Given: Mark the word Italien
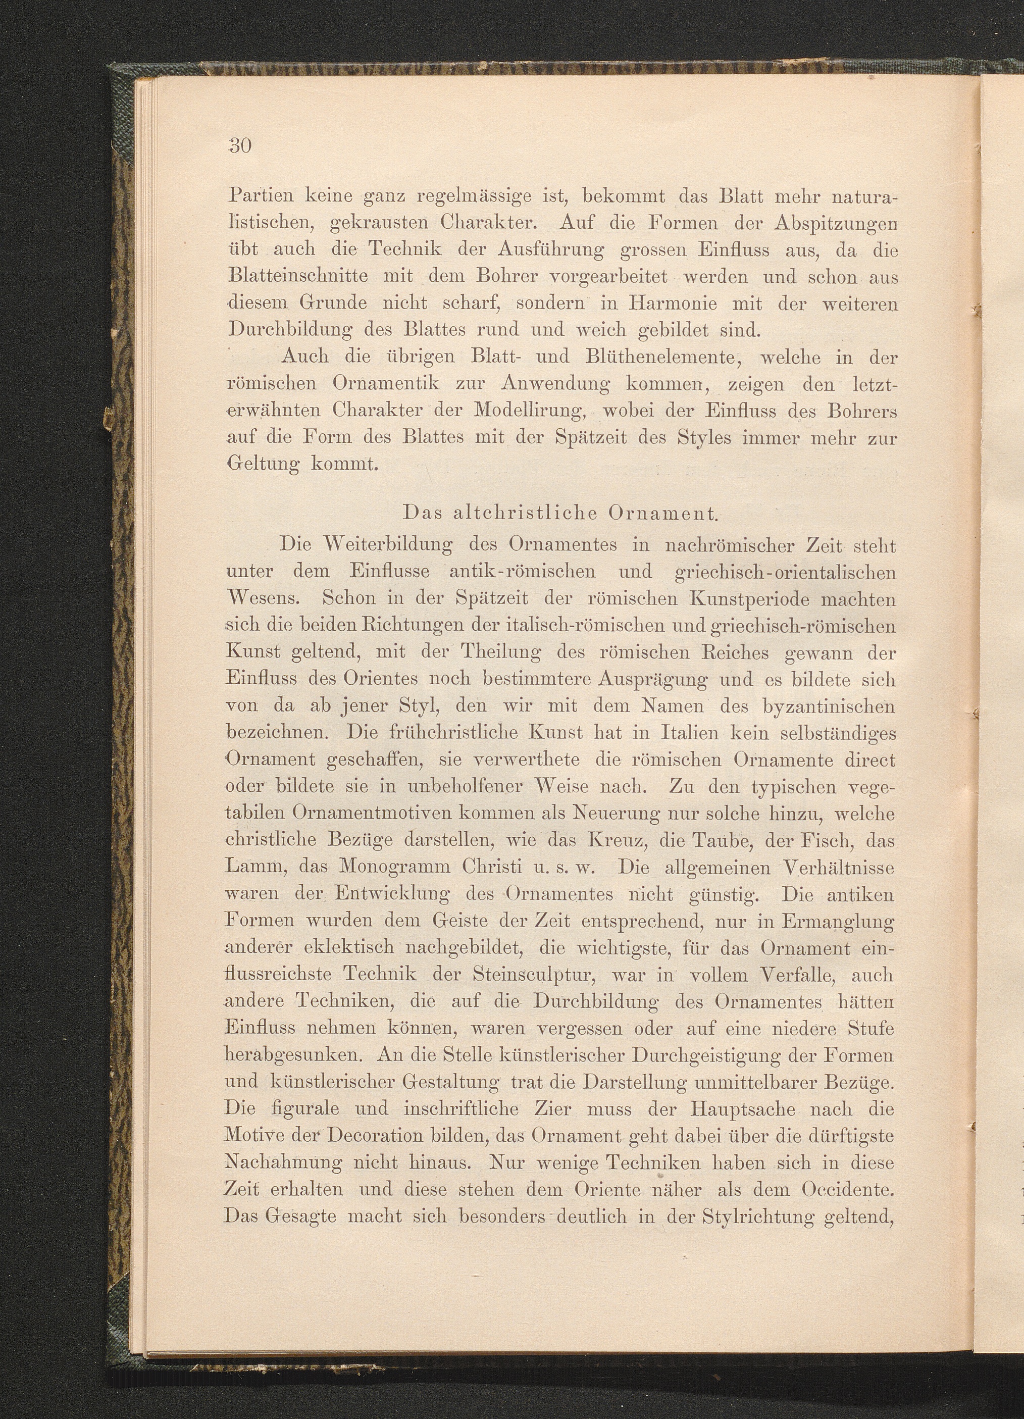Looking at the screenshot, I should point(674,733).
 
